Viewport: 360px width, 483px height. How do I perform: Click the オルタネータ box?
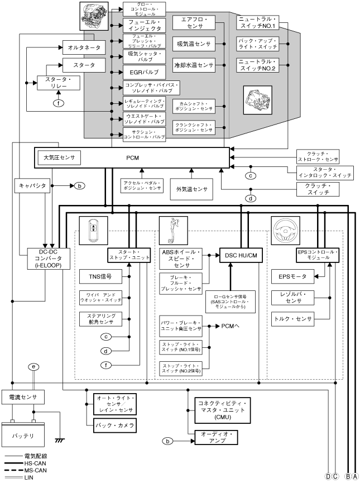pos(83,48)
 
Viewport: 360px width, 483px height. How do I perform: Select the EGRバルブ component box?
pos(144,72)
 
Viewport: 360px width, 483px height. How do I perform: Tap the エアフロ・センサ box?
pos(193,23)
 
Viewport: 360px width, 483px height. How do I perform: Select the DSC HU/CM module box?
pos(241,255)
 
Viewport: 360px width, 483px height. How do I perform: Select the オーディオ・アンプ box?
pos(215,437)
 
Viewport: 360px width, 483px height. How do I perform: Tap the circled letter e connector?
pos(34,366)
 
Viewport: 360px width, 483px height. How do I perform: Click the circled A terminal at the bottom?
pos(354,476)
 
